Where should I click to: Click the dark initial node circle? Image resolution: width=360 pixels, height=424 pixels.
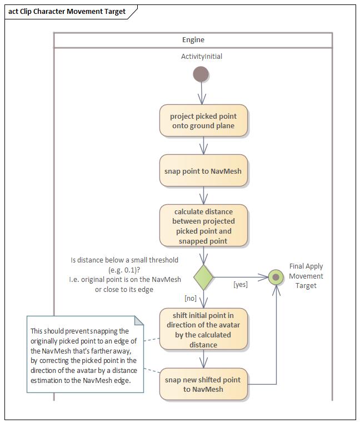201,74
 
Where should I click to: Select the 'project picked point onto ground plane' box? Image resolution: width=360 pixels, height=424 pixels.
203,120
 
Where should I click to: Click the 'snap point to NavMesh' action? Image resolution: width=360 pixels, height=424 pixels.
203,171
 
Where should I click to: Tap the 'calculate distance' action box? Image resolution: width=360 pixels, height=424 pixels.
203,226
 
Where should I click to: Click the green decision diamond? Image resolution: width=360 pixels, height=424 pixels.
203,276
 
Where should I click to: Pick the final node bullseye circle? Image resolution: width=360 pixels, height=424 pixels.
276,276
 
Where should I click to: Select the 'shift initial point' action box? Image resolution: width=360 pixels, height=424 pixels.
203,330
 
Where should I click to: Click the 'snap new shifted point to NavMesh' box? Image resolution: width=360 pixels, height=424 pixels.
203,384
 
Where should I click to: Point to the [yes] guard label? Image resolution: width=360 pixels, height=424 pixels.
240,284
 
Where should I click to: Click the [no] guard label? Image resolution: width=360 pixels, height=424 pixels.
191,298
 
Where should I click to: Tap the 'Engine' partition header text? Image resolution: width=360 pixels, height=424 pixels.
193,40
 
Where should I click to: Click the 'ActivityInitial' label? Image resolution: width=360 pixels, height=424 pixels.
201,57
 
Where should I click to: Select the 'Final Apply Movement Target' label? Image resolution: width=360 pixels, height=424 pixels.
306,276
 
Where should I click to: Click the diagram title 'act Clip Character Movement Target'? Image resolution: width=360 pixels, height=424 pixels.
67,11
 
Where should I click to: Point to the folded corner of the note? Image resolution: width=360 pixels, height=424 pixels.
139,320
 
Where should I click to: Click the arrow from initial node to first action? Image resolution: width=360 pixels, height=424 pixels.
202,93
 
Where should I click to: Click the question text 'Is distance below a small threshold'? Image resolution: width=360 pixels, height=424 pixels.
124,260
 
